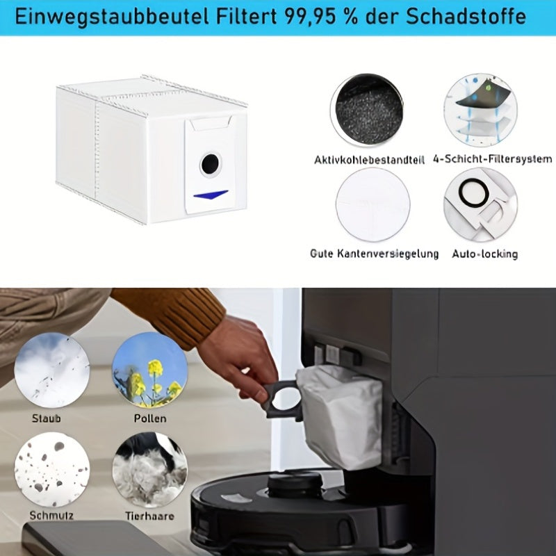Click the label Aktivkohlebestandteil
coord(369,160)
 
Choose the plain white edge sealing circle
coord(373,204)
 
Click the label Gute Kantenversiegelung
coord(374,254)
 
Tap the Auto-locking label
coord(484,254)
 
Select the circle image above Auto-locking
coord(480,204)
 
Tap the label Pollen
coord(150,418)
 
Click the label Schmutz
coord(51,515)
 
